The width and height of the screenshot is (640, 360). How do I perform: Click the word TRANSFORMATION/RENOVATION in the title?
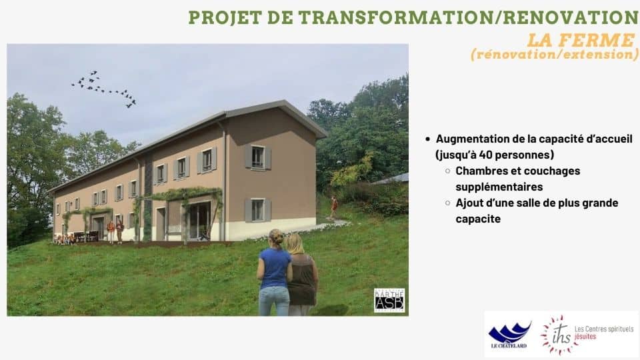pyautogui.click(x=469, y=17)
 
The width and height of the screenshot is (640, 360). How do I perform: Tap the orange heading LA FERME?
pyautogui.click(x=581, y=40)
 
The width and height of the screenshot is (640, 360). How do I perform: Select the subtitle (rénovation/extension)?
pyautogui.click(x=555, y=54)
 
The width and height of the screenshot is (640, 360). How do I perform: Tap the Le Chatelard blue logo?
pyautogui.click(x=509, y=335)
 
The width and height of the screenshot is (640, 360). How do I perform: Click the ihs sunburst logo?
pyautogui.click(x=557, y=335)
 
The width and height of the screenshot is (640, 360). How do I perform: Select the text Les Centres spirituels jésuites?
pyautogui.click(x=604, y=333)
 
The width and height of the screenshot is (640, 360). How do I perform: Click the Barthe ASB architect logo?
pyautogui.click(x=389, y=301)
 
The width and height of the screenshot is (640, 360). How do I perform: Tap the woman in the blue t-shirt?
pyautogui.click(x=274, y=273)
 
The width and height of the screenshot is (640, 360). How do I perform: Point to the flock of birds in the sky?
pyautogui.click(x=104, y=89)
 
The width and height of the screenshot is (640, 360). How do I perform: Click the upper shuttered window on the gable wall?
pyautogui.click(x=257, y=157)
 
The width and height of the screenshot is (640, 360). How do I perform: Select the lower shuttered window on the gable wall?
pyautogui.click(x=257, y=210)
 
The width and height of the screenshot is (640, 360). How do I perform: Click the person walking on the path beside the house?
pyautogui.click(x=334, y=207)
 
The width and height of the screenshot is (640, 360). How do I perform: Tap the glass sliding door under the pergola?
pyautogui.click(x=199, y=221)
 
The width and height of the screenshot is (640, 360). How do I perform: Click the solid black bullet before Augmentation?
pyautogui.click(x=427, y=139)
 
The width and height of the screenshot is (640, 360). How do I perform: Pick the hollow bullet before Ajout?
pyautogui.click(x=448, y=203)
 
